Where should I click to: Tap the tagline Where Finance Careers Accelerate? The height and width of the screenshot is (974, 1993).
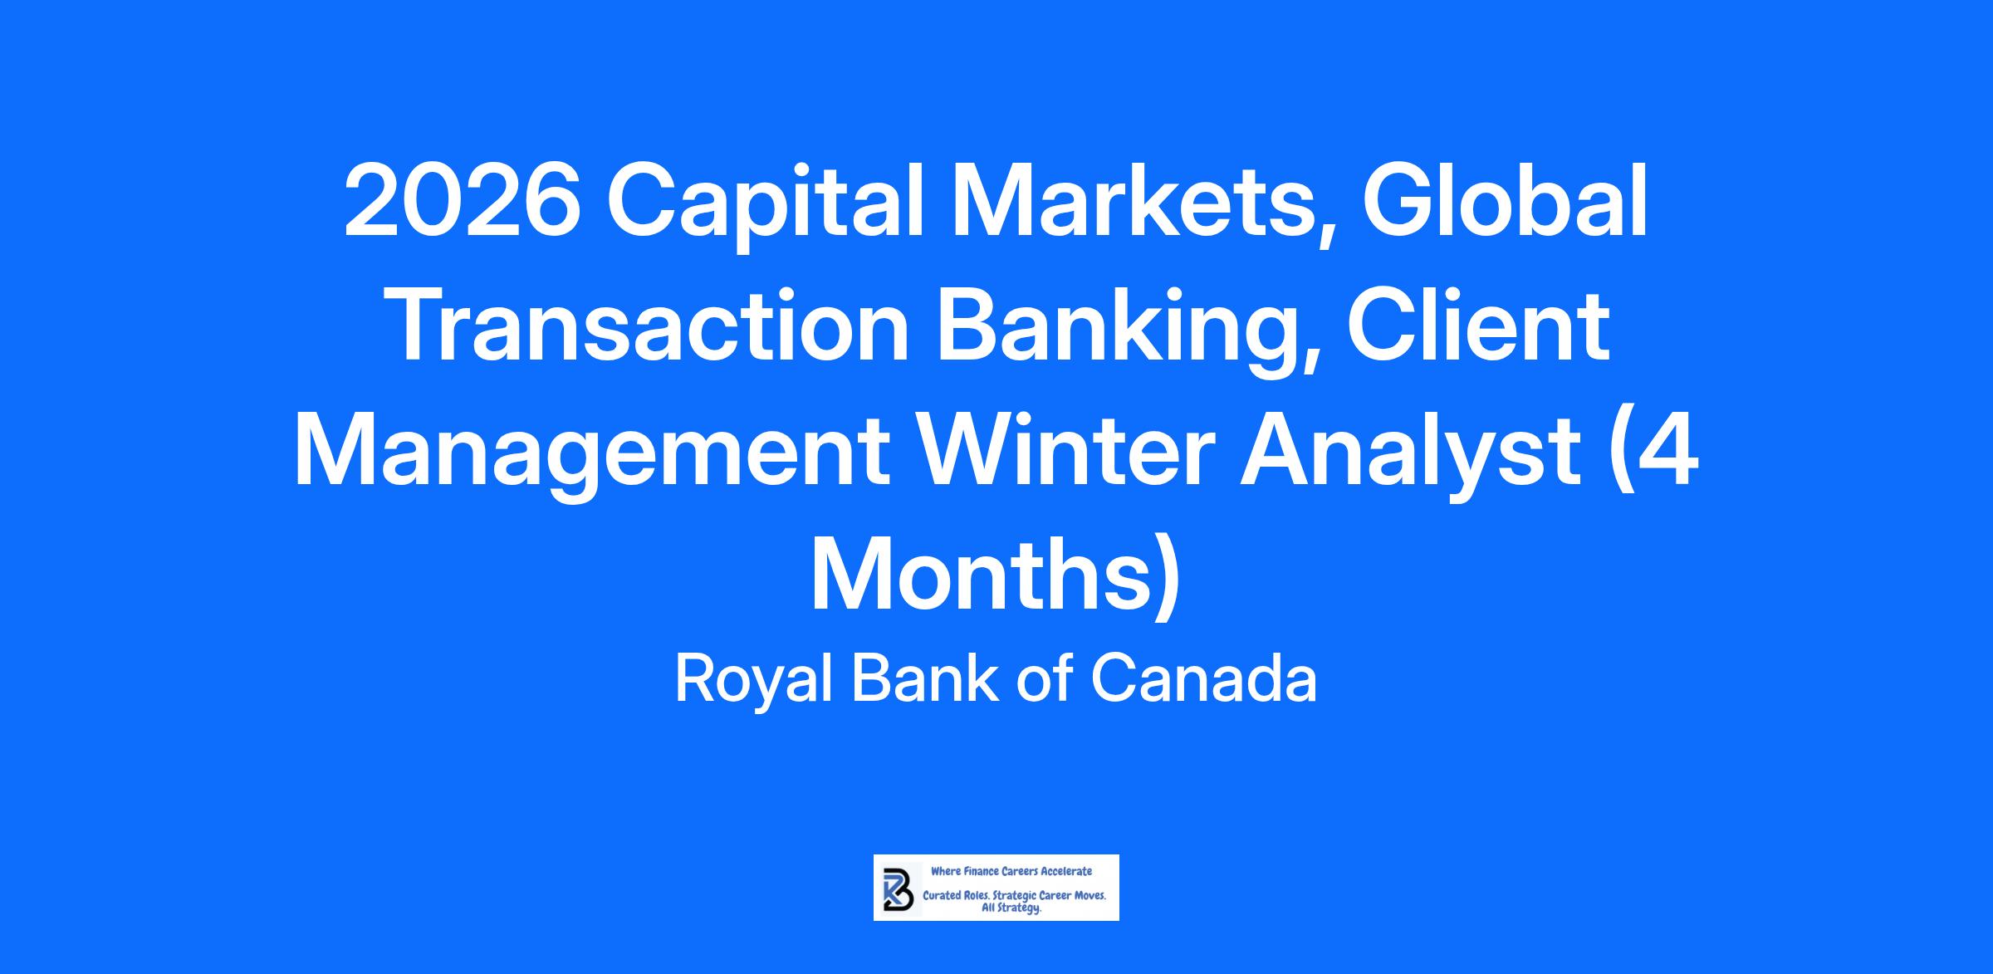tap(1011, 871)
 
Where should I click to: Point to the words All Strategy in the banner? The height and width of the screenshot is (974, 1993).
tap(1011, 908)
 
